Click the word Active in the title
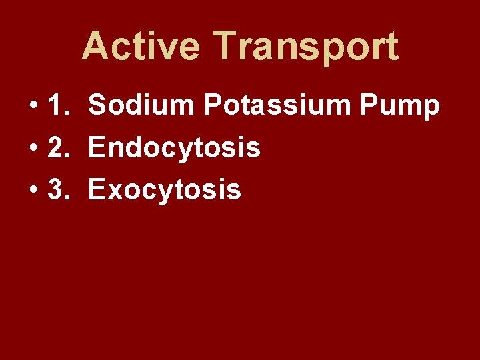[x=140, y=46]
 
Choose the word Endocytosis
[x=174, y=148]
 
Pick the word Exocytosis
[x=165, y=190]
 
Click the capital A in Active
[x=95, y=46]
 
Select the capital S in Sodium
[x=98, y=105]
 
